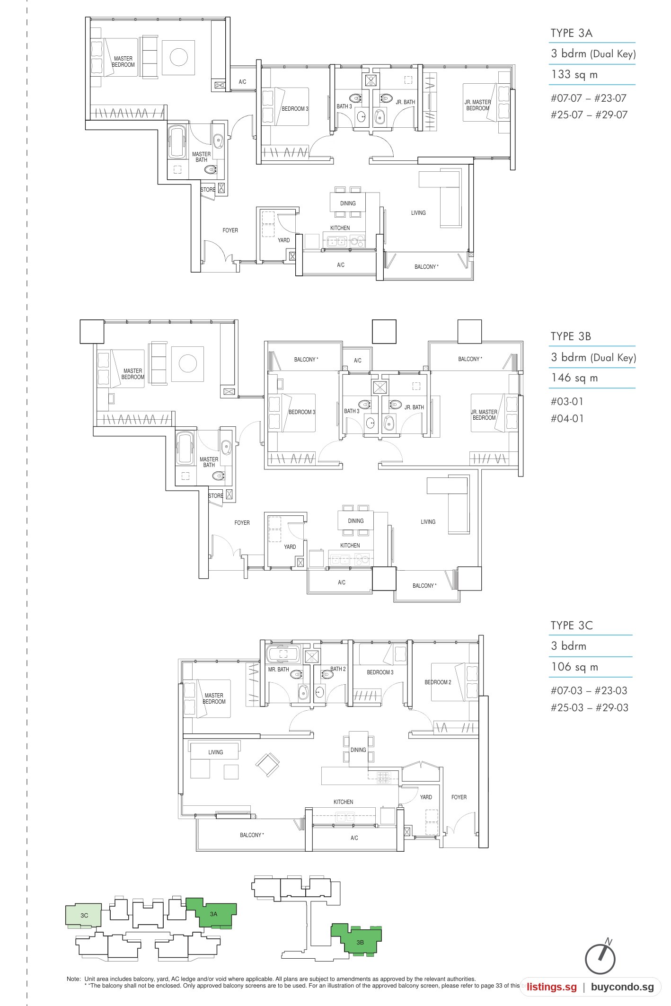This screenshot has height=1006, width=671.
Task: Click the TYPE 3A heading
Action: (571, 33)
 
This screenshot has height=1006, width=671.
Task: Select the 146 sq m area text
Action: (574, 378)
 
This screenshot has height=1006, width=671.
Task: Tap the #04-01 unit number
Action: (567, 418)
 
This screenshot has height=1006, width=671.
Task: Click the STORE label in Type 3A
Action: (208, 190)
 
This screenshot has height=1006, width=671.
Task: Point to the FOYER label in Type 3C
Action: (459, 797)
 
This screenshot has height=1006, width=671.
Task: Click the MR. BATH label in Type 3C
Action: (278, 670)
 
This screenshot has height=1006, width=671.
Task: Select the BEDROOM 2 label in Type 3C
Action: (438, 682)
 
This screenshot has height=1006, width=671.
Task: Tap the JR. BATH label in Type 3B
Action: (414, 407)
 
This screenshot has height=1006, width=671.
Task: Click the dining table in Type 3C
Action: (358, 749)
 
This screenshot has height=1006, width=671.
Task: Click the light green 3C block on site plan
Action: (83, 915)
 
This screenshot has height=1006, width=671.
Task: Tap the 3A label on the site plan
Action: (213, 914)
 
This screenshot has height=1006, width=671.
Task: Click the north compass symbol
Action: (600, 959)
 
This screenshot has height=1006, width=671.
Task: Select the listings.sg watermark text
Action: (552, 987)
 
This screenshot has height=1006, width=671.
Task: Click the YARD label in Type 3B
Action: (290, 547)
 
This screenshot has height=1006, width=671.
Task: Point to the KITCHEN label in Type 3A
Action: (340, 228)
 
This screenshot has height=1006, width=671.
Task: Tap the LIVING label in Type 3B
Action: (428, 522)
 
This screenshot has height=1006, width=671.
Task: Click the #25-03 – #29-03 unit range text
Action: (589, 707)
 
